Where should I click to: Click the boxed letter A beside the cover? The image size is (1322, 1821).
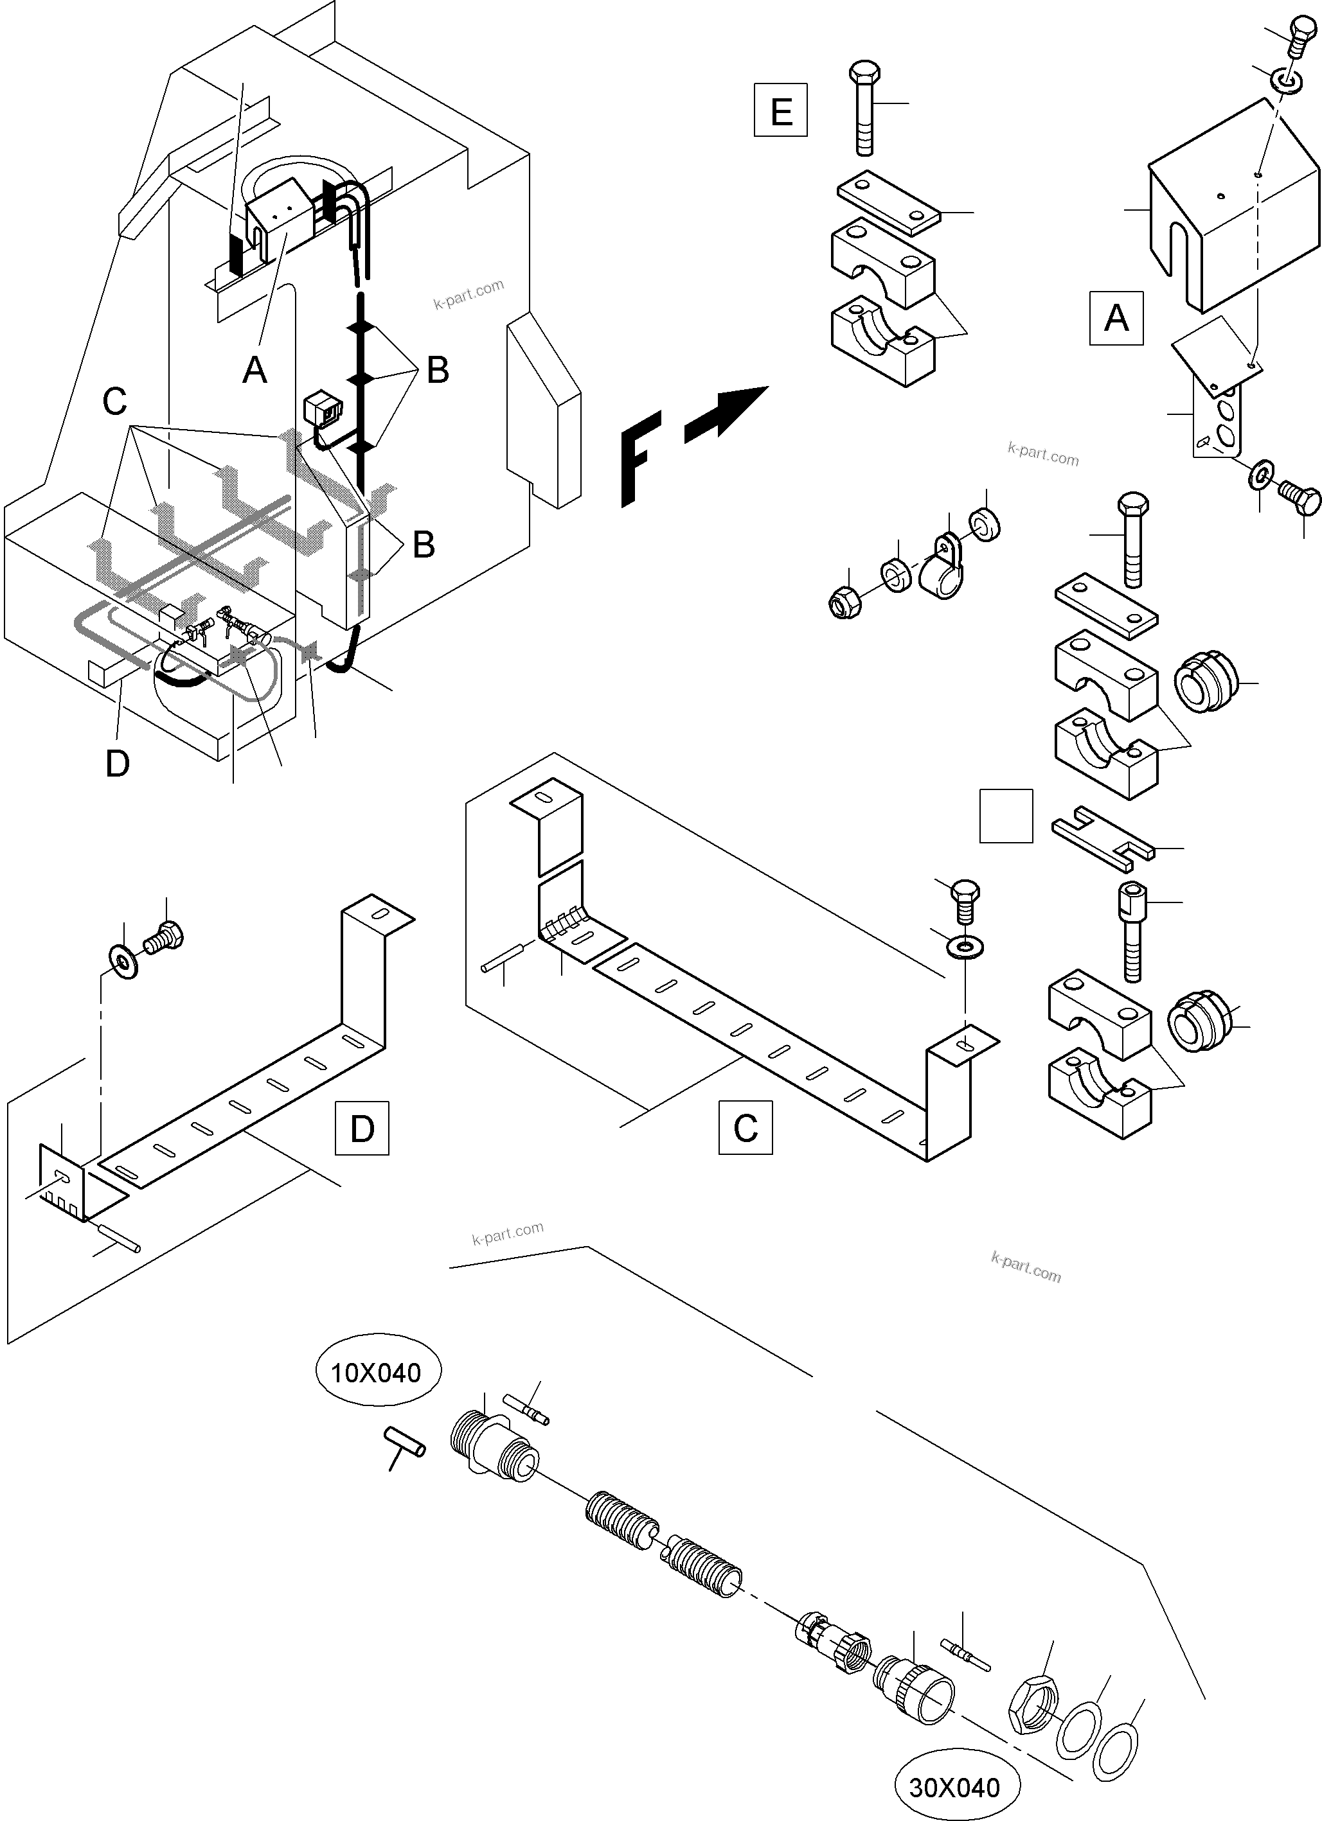point(1116,319)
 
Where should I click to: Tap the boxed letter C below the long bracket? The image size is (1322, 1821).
point(746,1127)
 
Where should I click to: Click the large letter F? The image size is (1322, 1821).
point(641,457)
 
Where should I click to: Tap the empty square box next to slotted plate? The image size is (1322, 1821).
point(1006,816)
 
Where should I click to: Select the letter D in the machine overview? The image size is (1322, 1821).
point(117,764)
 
